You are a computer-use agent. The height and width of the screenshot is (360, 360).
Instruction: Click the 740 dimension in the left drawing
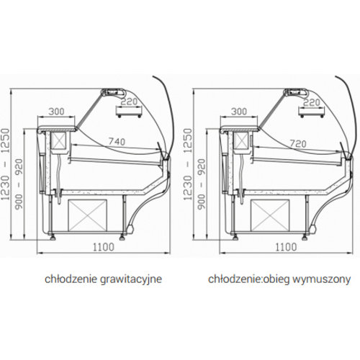click(x=117, y=142)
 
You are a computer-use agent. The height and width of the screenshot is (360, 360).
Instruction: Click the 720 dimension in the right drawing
click(x=298, y=143)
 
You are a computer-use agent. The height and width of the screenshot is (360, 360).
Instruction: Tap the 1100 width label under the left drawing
click(x=104, y=247)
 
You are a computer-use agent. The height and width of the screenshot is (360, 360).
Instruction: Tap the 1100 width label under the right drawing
click(x=286, y=247)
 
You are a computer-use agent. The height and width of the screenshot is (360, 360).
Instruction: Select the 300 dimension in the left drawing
click(x=56, y=112)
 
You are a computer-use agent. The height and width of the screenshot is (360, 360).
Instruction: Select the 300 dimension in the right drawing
click(x=239, y=112)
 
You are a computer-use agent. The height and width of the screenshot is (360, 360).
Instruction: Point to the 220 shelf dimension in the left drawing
click(x=129, y=102)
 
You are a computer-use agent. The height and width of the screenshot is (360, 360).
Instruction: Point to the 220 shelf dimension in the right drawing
click(x=312, y=102)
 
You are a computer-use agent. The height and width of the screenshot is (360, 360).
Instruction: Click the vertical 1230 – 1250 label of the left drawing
click(x=5, y=164)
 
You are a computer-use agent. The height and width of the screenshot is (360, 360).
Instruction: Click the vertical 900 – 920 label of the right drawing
click(x=202, y=184)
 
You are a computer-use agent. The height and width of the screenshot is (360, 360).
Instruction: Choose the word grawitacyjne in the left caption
click(x=131, y=279)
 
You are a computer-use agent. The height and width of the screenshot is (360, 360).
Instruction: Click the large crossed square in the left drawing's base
click(x=87, y=215)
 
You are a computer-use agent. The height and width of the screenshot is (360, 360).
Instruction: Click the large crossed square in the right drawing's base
click(x=270, y=215)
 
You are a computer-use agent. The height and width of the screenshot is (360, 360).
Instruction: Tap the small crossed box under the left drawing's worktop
click(x=59, y=140)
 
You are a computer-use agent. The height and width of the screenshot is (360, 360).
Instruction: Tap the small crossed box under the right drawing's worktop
click(x=242, y=140)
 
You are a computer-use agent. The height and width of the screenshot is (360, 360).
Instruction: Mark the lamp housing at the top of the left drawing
click(x=114, y=92)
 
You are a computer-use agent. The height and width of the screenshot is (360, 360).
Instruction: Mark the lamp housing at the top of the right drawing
click(x=296, y=92)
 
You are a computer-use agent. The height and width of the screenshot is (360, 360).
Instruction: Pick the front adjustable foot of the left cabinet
click(x=122, y=237)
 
